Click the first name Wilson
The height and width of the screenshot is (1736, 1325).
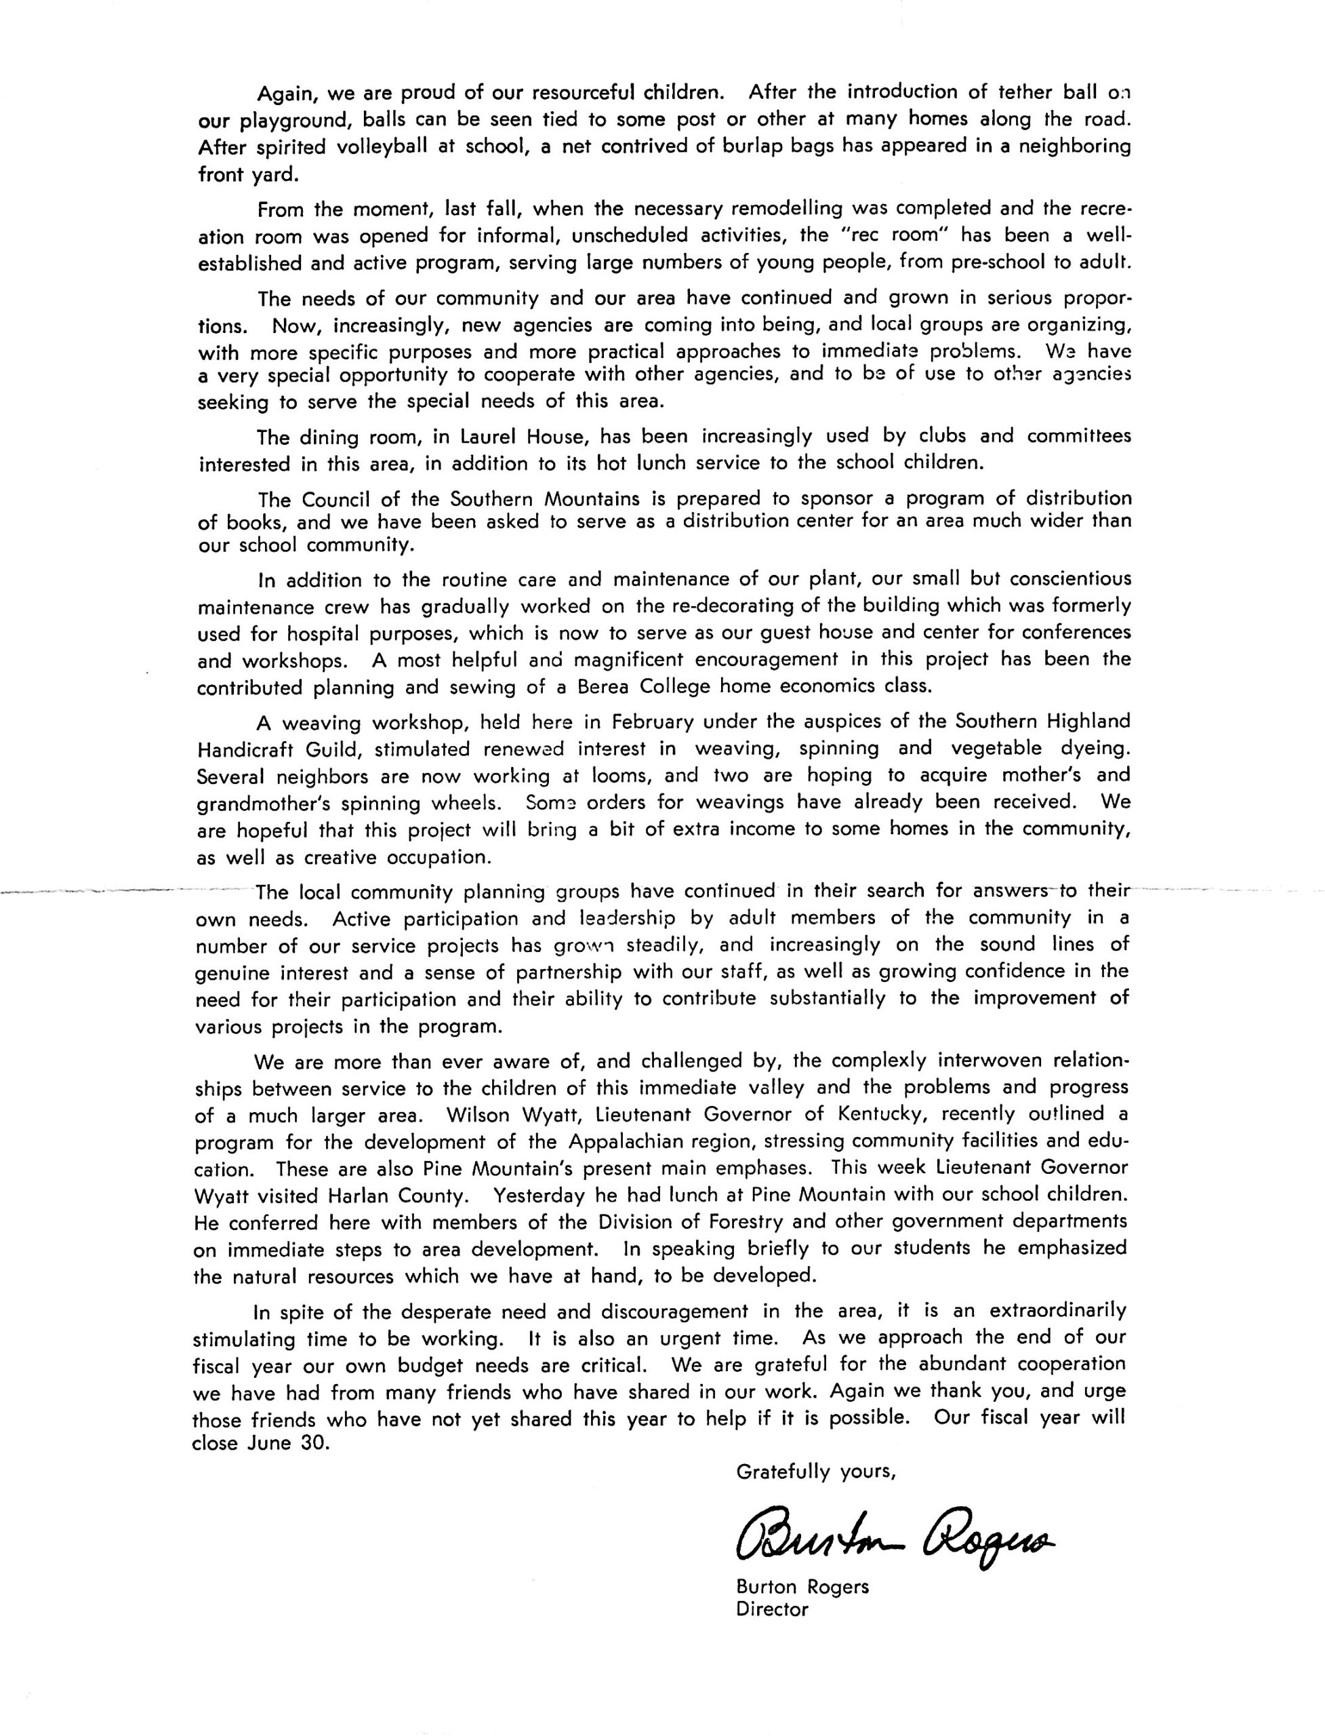point(478,1115)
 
